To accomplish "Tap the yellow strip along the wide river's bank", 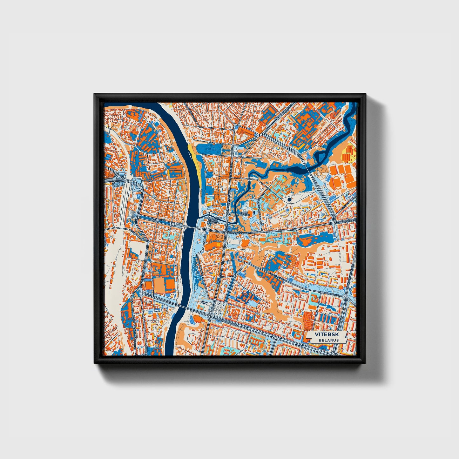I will pos(195,159).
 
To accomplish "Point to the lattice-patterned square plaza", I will pos(220,307).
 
